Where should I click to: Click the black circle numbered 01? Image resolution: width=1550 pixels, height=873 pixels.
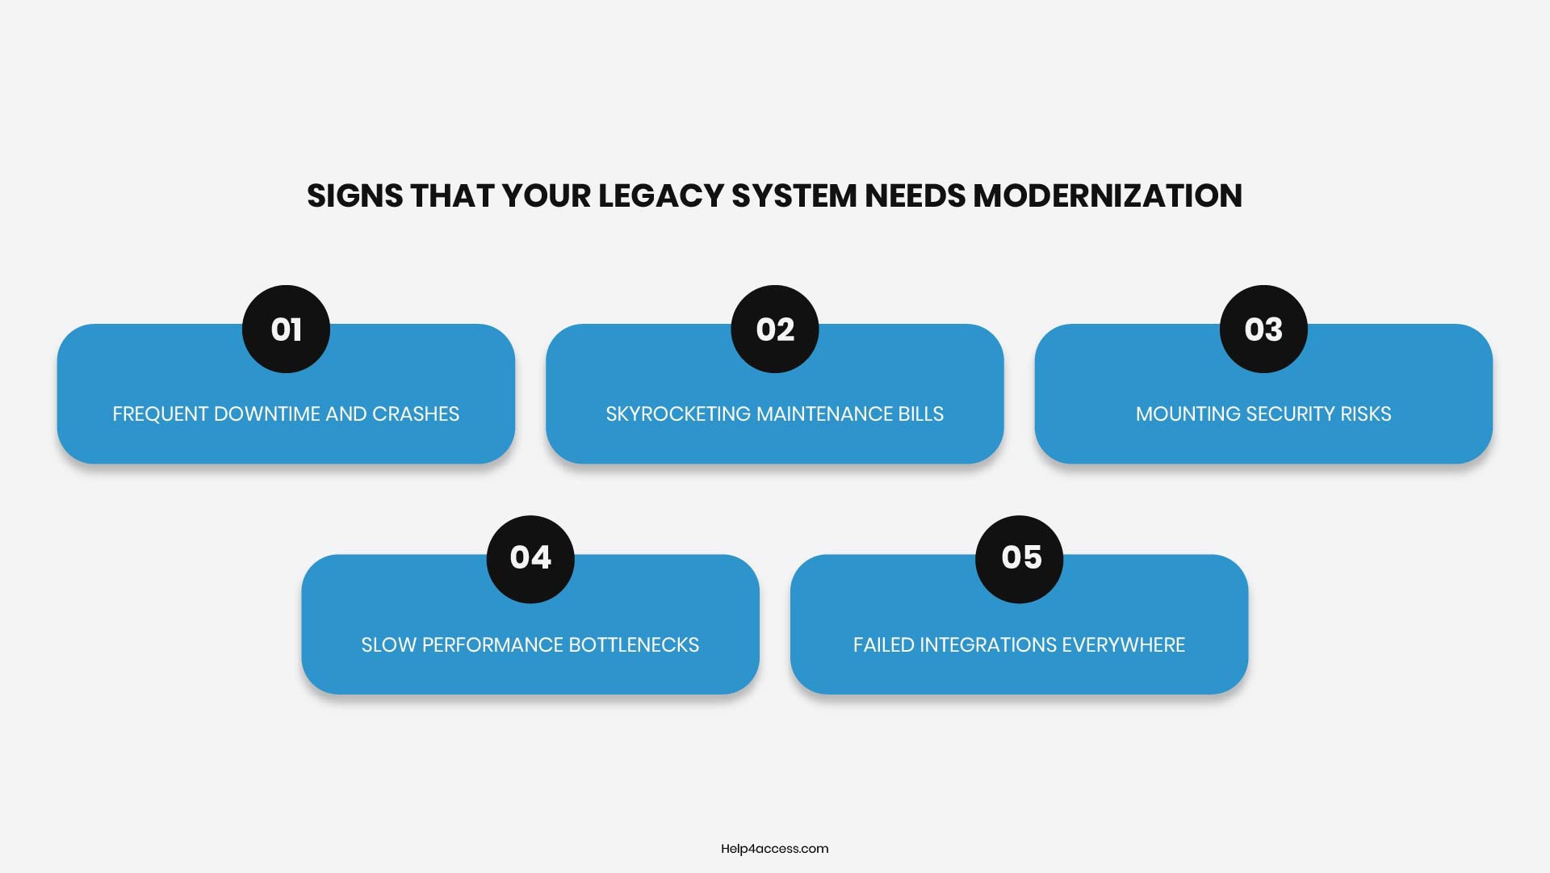(286, 329)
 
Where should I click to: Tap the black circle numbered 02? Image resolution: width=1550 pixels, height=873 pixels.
(775, 329)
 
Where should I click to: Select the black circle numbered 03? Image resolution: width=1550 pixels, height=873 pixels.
(1263, 329)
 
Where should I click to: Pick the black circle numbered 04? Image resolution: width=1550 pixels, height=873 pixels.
(530, 559)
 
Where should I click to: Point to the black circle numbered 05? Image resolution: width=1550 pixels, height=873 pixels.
(1020, 559)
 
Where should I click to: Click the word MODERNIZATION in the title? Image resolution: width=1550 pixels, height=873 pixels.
(1107, 196)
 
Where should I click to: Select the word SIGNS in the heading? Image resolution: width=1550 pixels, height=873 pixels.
(354, 196)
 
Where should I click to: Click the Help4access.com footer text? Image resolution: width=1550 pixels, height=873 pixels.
(774, 849)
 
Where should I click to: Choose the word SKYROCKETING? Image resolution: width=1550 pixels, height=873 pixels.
(678, 414)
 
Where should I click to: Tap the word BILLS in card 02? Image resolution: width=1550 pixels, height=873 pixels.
(920, 414)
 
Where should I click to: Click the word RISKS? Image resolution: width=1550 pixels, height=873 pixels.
(1366, 414)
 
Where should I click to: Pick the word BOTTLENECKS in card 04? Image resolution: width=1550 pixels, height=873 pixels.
(634, 645)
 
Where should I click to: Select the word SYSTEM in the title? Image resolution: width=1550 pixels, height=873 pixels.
(794, 196)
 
